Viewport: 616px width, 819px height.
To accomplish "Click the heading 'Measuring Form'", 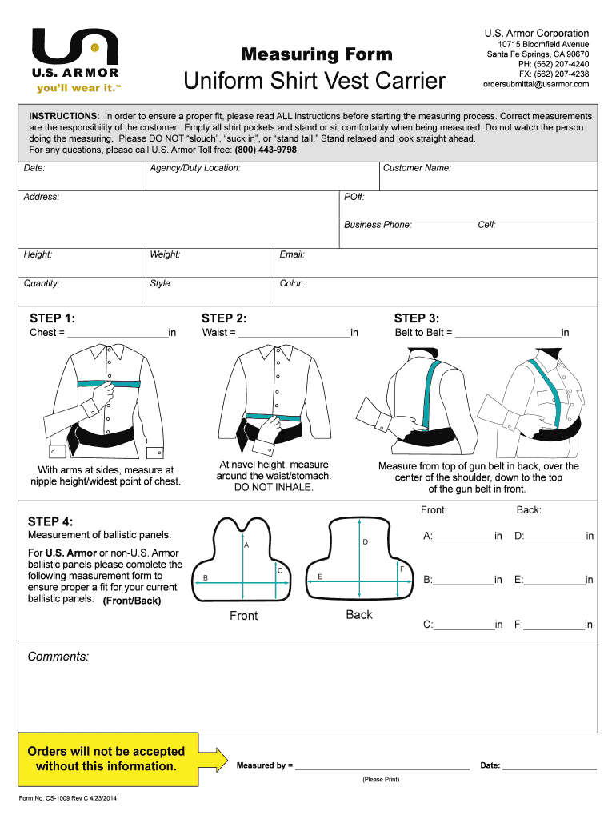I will click(x=317, y=54).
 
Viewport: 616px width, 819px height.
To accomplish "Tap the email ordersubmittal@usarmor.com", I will click(x=535, y=85).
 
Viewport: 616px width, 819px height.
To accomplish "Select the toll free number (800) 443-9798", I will click(x=266, y=150).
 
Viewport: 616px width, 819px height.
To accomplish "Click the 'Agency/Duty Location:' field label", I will click(x=195, y=168).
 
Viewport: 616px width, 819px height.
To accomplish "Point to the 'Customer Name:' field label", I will click(x=417, y=168).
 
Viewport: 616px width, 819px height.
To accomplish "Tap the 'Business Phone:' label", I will click(x=378, y=225).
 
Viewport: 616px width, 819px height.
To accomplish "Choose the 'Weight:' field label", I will click(x=165, y=254).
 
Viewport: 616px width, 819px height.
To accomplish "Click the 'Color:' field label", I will click(x=291, y=283).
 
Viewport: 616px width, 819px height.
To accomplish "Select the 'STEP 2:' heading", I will click(x=224, y=318).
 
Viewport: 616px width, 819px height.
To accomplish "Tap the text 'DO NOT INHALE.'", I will click(x=274, y=487).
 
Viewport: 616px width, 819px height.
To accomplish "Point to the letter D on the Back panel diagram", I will click(x=365, y=543).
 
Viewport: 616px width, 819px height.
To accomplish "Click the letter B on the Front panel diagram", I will click(x=206, y=577).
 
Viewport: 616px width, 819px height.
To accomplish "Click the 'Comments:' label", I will click(x=58, y=657).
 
